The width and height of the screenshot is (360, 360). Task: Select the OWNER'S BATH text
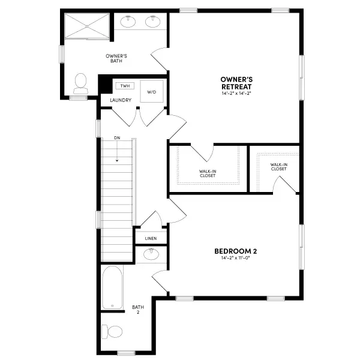tap(116, 58)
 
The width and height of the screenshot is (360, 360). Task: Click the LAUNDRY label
tap(121, 100)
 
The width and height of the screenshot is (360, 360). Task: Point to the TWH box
tap(124, 86)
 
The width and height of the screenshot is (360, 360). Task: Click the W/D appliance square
tap(152, 91)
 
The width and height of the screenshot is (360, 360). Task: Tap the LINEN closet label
tap(151, 238)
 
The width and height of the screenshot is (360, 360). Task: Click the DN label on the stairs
tap(117, 138)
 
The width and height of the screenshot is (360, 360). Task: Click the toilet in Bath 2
tap(112, 331)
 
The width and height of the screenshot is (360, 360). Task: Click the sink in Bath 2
tap(151, 254)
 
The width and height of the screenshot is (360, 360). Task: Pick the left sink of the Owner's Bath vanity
tap(128, 23)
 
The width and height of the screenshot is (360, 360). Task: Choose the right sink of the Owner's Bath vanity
tap(153, 23)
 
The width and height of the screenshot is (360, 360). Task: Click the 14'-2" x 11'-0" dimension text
tap(236, 259)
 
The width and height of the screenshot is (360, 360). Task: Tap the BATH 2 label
tap(137, 310)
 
